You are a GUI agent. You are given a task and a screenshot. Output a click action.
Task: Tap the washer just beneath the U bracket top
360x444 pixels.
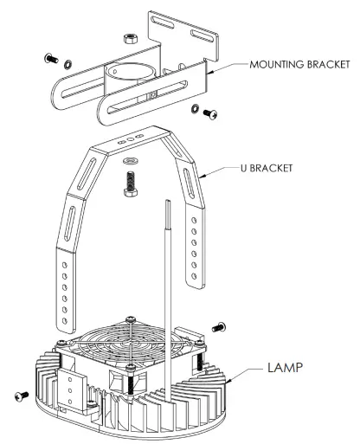pos(132,161)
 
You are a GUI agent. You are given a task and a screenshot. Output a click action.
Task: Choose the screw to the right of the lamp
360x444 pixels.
pos(216,328)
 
